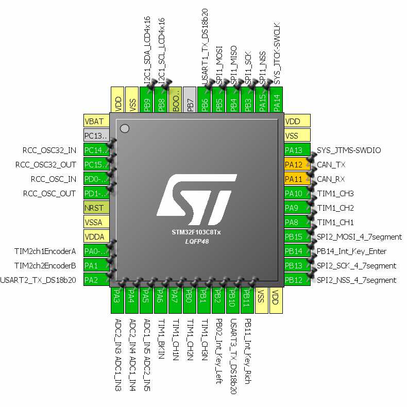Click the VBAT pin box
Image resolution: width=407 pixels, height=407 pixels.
(96, 122)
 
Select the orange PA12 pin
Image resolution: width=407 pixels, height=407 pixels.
(297, 165)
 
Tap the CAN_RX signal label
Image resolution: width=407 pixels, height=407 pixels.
(331, 179)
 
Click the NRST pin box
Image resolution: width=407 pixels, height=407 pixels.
(96, 208)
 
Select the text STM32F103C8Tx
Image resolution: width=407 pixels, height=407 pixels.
(196, 232)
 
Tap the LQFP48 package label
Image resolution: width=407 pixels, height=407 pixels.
(196, 241)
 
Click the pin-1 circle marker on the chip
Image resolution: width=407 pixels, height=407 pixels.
(124, 128)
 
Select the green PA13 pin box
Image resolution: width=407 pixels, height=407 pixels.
(297, 150)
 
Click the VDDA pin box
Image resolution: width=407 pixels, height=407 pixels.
(96, 237)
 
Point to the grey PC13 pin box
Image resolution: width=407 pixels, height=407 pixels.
(96, 136)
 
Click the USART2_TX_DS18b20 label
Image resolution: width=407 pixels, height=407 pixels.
(39, 280)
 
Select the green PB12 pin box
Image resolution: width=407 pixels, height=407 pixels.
(297, 280)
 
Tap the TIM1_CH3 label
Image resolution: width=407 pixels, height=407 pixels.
(335, 194)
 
